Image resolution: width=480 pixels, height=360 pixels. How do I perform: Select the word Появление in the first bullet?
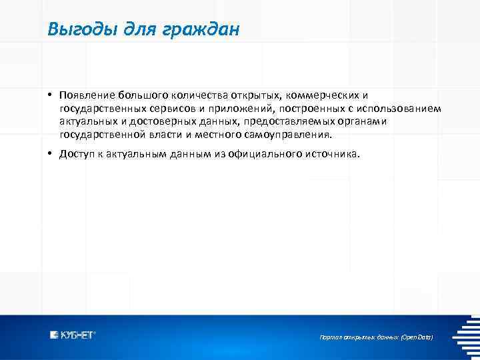point(87,95)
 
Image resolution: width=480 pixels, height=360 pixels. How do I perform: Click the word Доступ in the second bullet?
point(76,154)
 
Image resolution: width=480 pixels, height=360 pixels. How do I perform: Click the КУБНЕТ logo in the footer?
point(73,335)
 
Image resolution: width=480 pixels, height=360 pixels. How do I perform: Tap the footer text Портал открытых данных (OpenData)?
point(377,338)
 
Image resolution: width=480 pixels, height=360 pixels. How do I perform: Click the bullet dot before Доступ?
point(51,154)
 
